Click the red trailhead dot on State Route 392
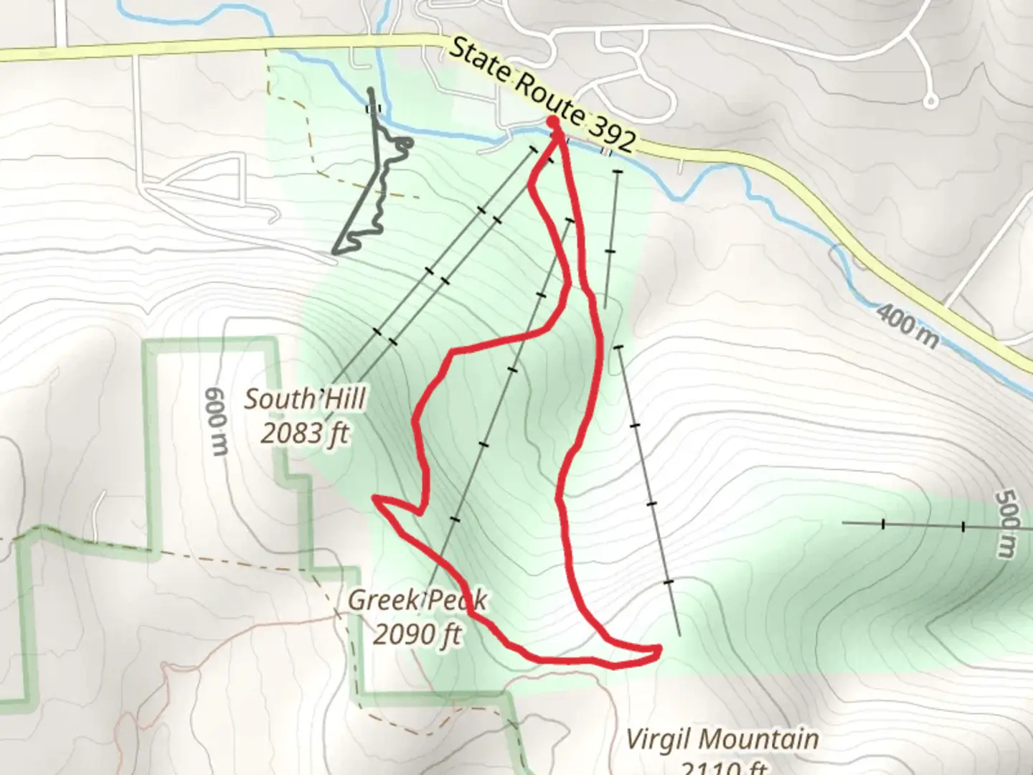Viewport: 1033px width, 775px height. click(554, 122)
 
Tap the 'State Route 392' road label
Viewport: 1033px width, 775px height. click(544, 96)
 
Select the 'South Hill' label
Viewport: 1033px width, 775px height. click(305, 399)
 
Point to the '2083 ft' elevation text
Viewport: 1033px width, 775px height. click(305, 433)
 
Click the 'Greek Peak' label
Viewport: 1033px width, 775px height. click(417, 600)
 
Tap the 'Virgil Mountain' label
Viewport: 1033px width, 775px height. click(722, 738)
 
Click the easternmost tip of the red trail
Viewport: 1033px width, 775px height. click(658, 650)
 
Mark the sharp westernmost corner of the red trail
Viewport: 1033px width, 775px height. click(374, 497)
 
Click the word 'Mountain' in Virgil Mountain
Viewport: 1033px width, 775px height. click(763, 738)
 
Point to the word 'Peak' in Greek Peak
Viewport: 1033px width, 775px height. click(456, 600)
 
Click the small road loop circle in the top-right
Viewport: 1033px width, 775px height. click(931, 101)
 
